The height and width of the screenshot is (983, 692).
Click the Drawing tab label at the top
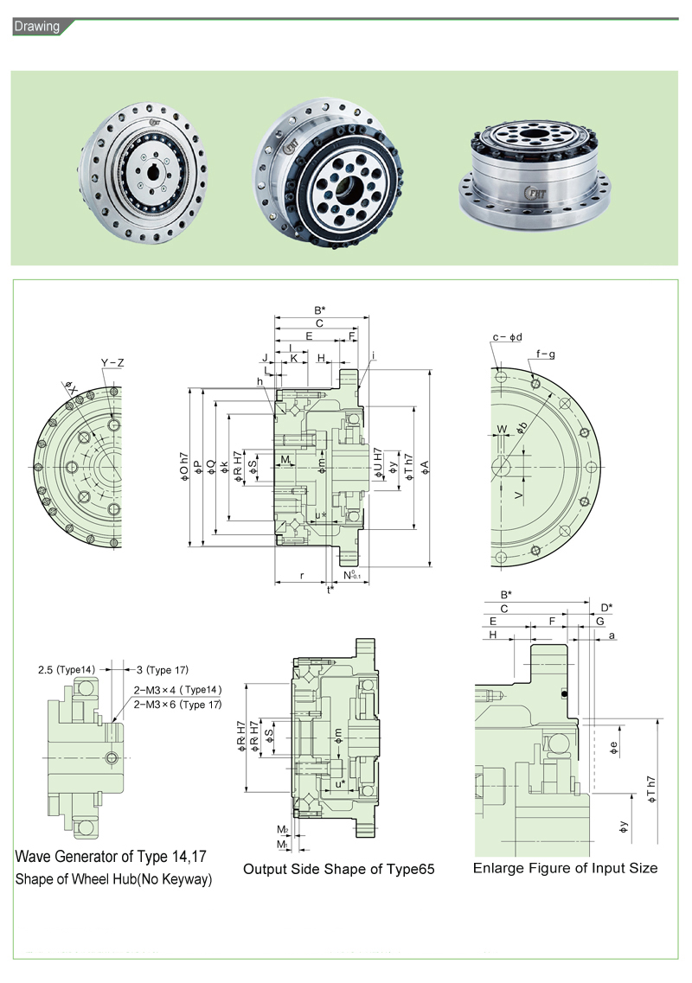[x=36, y=26]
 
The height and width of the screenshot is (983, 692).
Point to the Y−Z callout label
[x=112, y=362]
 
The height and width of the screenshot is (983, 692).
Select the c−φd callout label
[x=507, y=337]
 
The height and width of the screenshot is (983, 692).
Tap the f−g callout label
[x=545, y=354]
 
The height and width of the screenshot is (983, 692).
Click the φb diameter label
[x=522, y=429]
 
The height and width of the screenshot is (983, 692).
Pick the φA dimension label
[x=425, y=468]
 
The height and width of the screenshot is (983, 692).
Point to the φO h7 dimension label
[x=184, y=467]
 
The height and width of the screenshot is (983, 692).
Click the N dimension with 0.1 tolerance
[x=351, y=575]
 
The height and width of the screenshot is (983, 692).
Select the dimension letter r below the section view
[x=301, y=575]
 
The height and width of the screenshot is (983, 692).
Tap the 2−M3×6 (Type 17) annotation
[x=177, y=705]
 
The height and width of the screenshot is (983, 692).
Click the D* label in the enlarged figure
[x=605, y=607]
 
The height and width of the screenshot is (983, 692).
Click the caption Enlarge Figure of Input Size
[x=565, y=867]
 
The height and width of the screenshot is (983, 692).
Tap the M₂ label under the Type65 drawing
[x=282, y=829]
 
